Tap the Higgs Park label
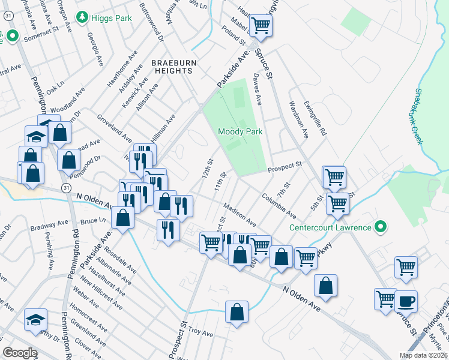pos(112,18)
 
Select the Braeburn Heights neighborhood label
pos(172,66)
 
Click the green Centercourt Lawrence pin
pos(379,227)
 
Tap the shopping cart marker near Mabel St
pos(261,26)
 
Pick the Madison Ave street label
pos(240,215)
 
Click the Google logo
pos(20,353)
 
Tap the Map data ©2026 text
pos(423,355)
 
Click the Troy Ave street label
pos(200,332)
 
